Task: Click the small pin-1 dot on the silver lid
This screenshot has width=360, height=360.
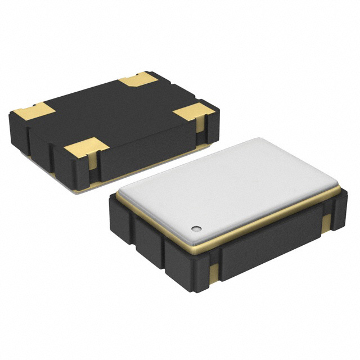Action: click(196, 228)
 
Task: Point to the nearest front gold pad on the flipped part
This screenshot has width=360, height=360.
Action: click(86, 148)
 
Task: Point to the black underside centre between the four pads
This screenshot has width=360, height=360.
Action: click(112, 112)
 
